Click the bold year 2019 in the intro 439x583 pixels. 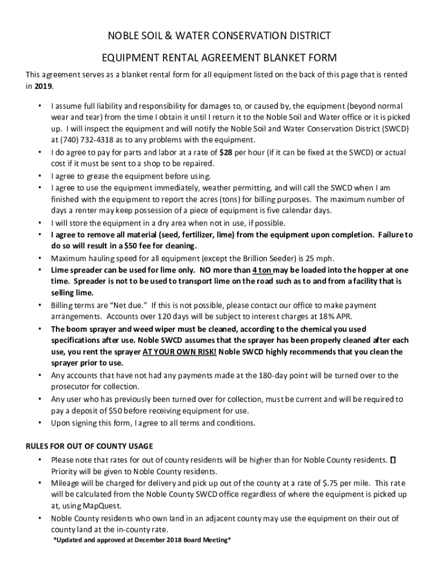coord(44,86)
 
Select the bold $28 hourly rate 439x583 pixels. coord(226,152)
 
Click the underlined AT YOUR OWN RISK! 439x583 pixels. coord(179,352)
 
